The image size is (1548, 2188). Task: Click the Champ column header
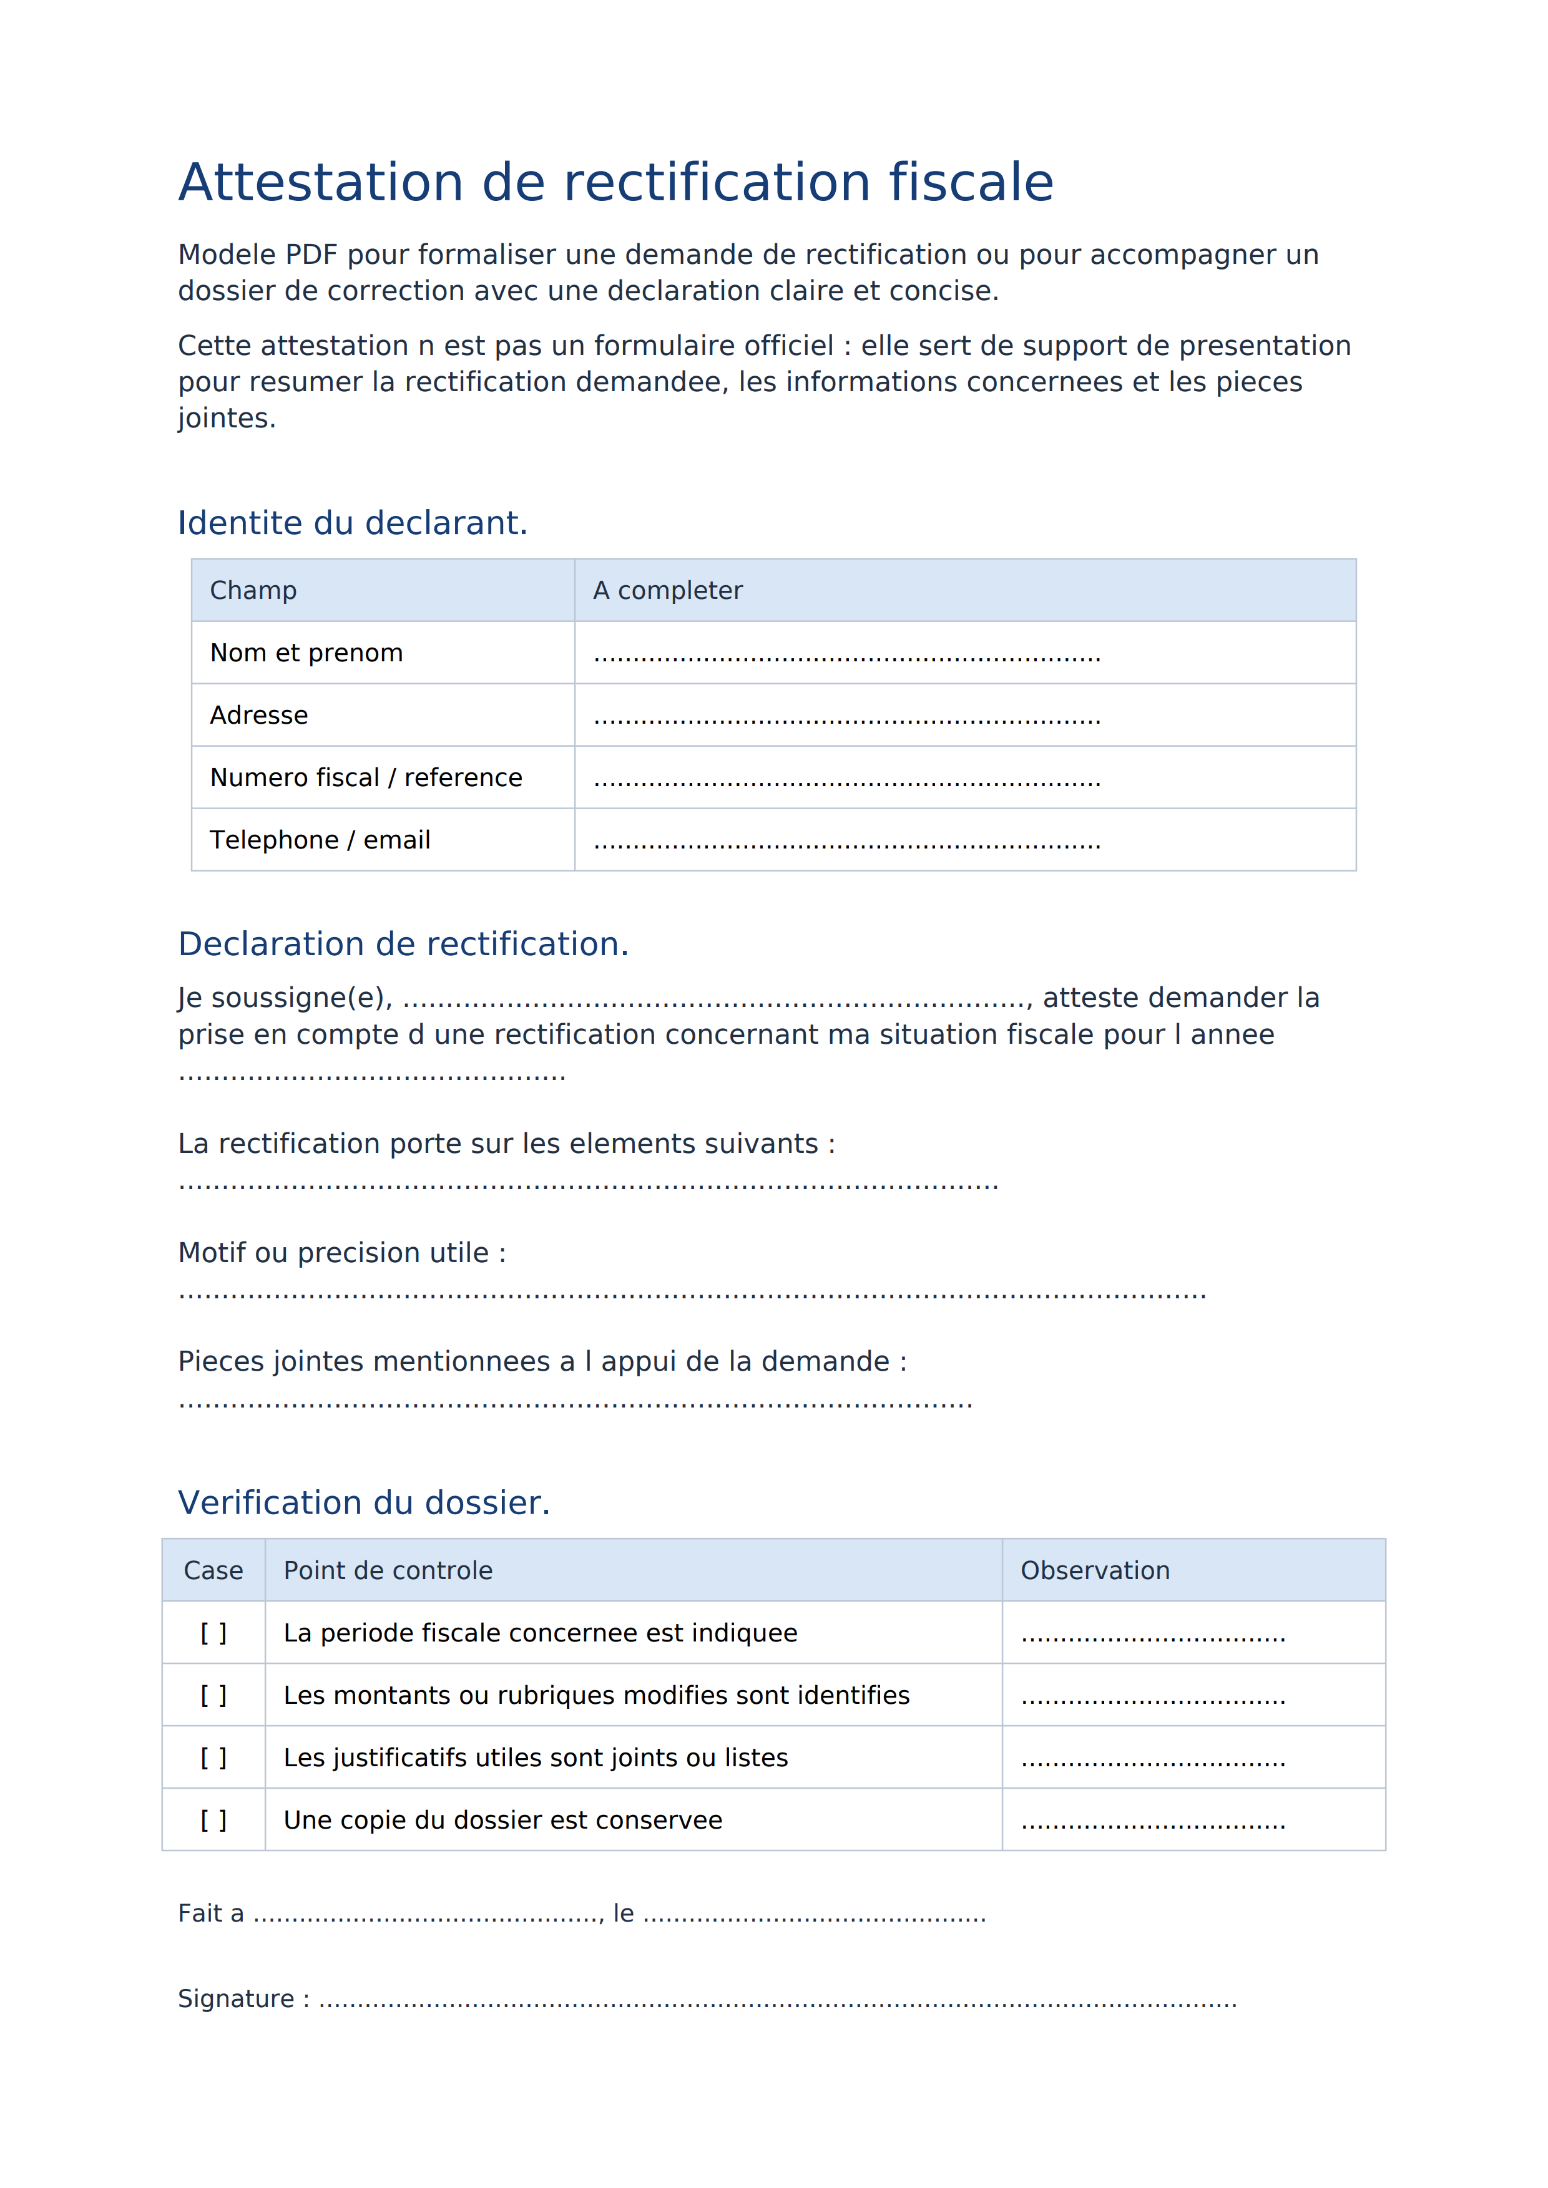click(x=253, y=591)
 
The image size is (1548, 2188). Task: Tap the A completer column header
click(x=667, y=591)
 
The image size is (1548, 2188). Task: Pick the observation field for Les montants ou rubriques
click(x=1152, y=1697)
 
